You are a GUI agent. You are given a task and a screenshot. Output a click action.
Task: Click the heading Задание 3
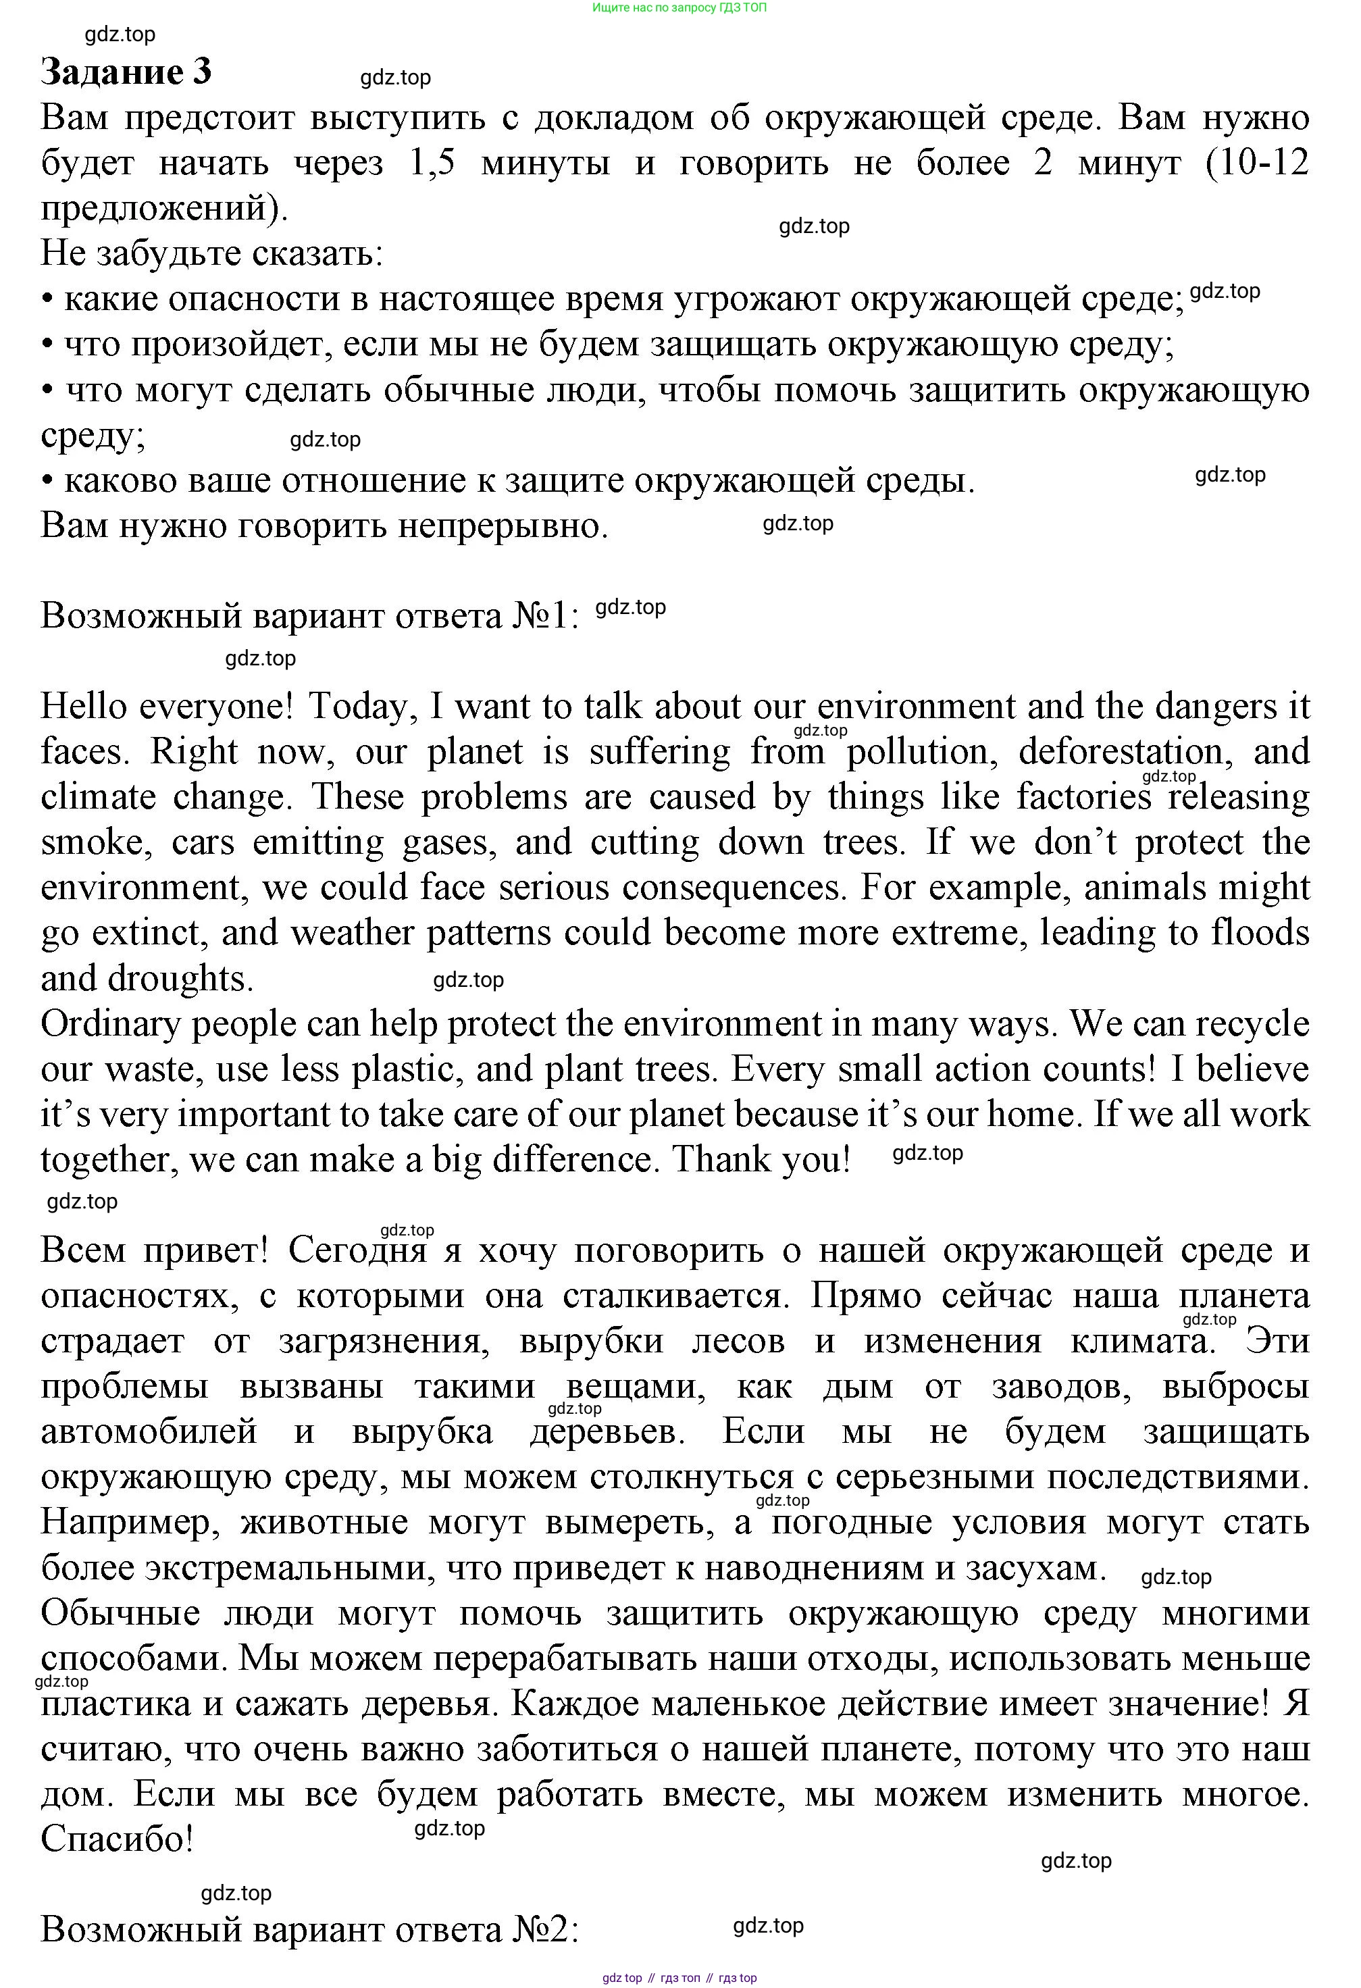pos(126,73)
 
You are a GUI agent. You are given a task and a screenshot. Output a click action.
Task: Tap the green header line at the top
pos(679,7)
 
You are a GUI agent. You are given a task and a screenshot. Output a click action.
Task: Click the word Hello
pos(84,707)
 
